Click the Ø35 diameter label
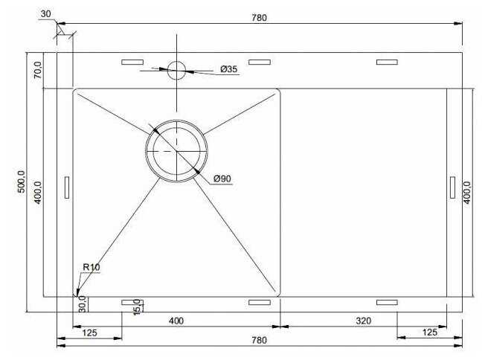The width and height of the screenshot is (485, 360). tap(229, 69)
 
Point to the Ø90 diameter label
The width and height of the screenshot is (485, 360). tap(222, 179)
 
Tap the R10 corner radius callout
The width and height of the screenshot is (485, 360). tap(91, 267)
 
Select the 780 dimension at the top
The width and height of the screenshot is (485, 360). tap(259, 18)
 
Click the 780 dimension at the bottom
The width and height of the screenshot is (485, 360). tap(259, 340)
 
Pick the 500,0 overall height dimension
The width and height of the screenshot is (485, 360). tap(22, 181)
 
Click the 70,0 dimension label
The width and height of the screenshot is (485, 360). tap(37, 70)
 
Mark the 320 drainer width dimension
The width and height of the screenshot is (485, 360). tap(363, 321)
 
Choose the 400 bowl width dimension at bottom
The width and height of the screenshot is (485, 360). tap(176, 321)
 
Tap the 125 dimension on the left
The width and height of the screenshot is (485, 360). tap(90, 332)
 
